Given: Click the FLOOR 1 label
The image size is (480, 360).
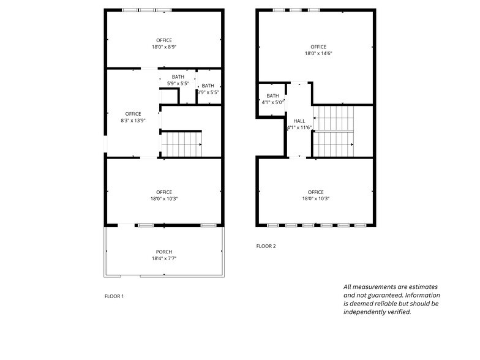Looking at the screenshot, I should pyautogui.click(x=114, y=296).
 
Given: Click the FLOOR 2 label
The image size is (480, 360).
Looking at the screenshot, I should pyautogui.click(x=266, y=246).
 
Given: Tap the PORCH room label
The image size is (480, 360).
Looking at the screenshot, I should pyautogui.click(x=163, y=252).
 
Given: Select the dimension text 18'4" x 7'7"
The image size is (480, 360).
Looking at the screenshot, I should pyautogui.click(x=163, y=258).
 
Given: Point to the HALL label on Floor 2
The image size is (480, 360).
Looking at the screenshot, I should pyautogui.click(x=299, y=121).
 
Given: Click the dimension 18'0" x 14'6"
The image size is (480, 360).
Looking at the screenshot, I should pyautogui.click(x=318, y=53).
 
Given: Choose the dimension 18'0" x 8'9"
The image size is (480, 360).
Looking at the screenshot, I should pyautogui.click(x=164, y=47).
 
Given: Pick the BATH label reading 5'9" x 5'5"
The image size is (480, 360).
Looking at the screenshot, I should pyautogui.click(x=178, y=77).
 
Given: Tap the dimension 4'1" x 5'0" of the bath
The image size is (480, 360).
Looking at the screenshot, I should pyautogui.click(x=272, y=102).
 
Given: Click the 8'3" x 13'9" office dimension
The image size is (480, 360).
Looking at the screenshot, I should pyautogui.click(x=133, y=121).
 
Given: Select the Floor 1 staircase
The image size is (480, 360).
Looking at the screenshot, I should pyautogui.click(x=181, y=145).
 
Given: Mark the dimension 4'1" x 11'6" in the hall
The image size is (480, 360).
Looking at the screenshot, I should pyautogui.click(x=299, y=127).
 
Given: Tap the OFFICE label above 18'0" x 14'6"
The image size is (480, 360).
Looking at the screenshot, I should pyautogui.click(x=318, y=47).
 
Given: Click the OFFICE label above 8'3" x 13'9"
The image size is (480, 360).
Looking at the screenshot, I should pyautogui.click(x=133, y=114).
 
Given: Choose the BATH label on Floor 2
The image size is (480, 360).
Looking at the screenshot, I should pyautogui.click(x=272, y=96).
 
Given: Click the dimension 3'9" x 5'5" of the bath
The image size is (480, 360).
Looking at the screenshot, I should pyautogui.click(x=208, y=92).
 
